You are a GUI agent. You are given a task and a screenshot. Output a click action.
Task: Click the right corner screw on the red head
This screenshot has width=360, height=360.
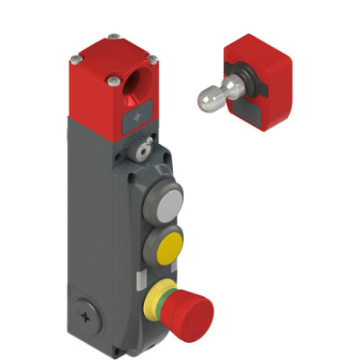point(152,59)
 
